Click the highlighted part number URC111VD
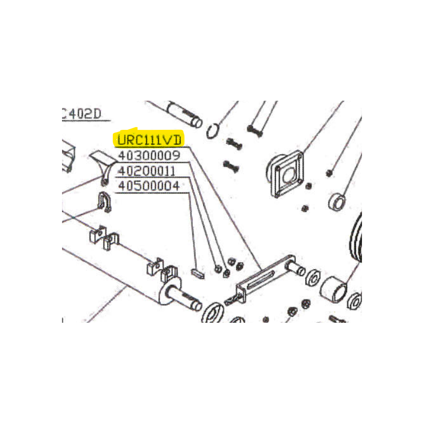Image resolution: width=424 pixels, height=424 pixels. pos(149,140)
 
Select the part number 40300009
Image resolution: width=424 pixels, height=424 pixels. pos(149,155)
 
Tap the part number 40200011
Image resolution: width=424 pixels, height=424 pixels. pos(147,171)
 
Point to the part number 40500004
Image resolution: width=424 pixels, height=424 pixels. pos(149,186)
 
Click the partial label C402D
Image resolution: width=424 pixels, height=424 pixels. pos(82,113)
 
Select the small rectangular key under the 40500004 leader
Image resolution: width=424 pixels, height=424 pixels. pos(198,273)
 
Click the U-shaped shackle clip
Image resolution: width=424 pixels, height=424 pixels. pos(103,201)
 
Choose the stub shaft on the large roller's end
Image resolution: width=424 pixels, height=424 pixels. pos(184,297)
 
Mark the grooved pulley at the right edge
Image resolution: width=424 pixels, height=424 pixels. pos(356,238)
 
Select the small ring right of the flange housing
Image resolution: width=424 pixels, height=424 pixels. pos(337,201)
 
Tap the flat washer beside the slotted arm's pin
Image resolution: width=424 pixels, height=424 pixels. pos(313,277)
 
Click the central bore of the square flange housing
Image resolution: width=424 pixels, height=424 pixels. pos(289,175)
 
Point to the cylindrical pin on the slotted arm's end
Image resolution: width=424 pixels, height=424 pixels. pos(296,267)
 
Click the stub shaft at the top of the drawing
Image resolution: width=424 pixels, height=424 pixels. pos(184,114)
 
